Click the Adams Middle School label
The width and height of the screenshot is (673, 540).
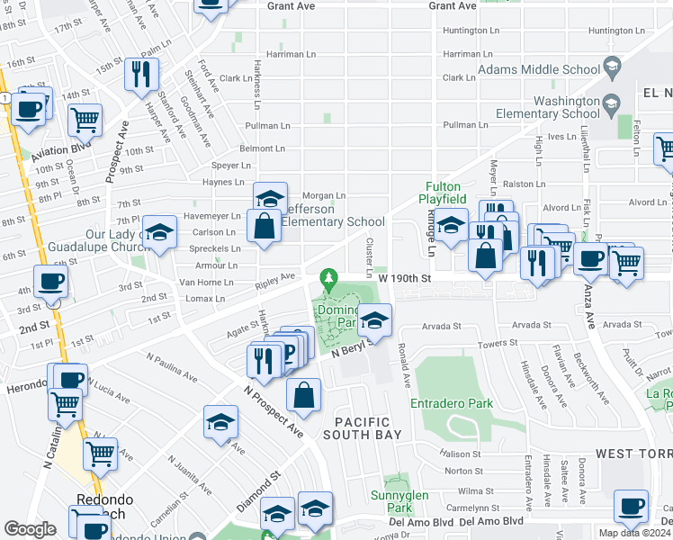pos(539,69)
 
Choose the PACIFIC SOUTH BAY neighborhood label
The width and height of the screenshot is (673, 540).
pos(363,428)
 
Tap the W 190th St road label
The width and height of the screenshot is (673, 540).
pos(405,278)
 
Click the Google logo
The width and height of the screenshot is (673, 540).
pos(30,529)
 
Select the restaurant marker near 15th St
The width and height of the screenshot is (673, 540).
pos(141,74)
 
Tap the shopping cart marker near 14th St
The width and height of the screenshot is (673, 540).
pos(85,119)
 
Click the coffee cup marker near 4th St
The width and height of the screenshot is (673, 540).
pos(50,280)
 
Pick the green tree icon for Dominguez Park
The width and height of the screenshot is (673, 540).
pos(330,276)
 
